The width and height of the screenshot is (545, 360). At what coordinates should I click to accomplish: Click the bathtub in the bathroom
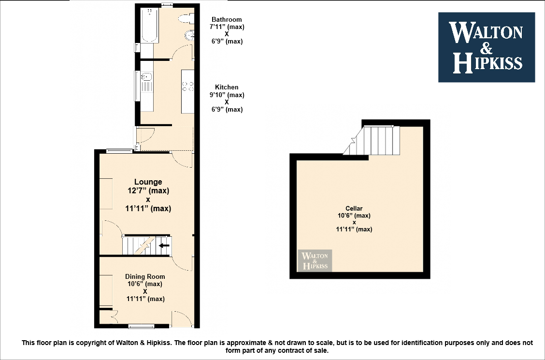150,25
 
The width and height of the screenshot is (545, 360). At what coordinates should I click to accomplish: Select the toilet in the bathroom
187,18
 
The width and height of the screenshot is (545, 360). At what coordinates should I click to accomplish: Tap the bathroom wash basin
190,35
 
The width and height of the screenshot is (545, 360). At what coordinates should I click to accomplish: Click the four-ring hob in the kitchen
187,86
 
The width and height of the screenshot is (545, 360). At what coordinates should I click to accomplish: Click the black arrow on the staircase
164,245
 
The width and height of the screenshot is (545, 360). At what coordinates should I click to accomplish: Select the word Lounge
148,182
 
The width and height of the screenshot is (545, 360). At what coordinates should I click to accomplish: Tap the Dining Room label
145,276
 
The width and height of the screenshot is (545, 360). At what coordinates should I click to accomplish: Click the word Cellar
354,208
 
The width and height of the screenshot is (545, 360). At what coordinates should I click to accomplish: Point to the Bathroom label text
227,19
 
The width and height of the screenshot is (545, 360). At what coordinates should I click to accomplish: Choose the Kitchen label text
227,87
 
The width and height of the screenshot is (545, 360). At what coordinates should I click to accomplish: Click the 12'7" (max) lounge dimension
148,191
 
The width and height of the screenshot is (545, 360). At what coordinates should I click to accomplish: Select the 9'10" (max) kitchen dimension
227,95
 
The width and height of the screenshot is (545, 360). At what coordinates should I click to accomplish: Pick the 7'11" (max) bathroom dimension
227,27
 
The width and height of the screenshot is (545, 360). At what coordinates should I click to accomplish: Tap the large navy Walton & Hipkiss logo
486,47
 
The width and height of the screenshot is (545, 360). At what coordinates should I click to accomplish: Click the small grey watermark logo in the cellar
315,260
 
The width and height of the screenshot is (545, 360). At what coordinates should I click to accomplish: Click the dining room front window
141,326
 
